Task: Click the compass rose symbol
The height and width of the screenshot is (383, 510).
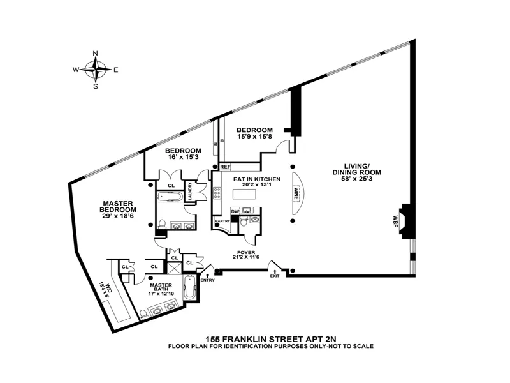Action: pos(96,70)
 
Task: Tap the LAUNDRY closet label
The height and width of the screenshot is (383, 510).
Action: pos(189,193)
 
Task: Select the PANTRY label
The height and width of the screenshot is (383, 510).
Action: pos(222,221)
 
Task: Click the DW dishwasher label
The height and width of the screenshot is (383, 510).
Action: pos(235,211)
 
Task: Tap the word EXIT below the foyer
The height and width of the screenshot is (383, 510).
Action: pos(275,276)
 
